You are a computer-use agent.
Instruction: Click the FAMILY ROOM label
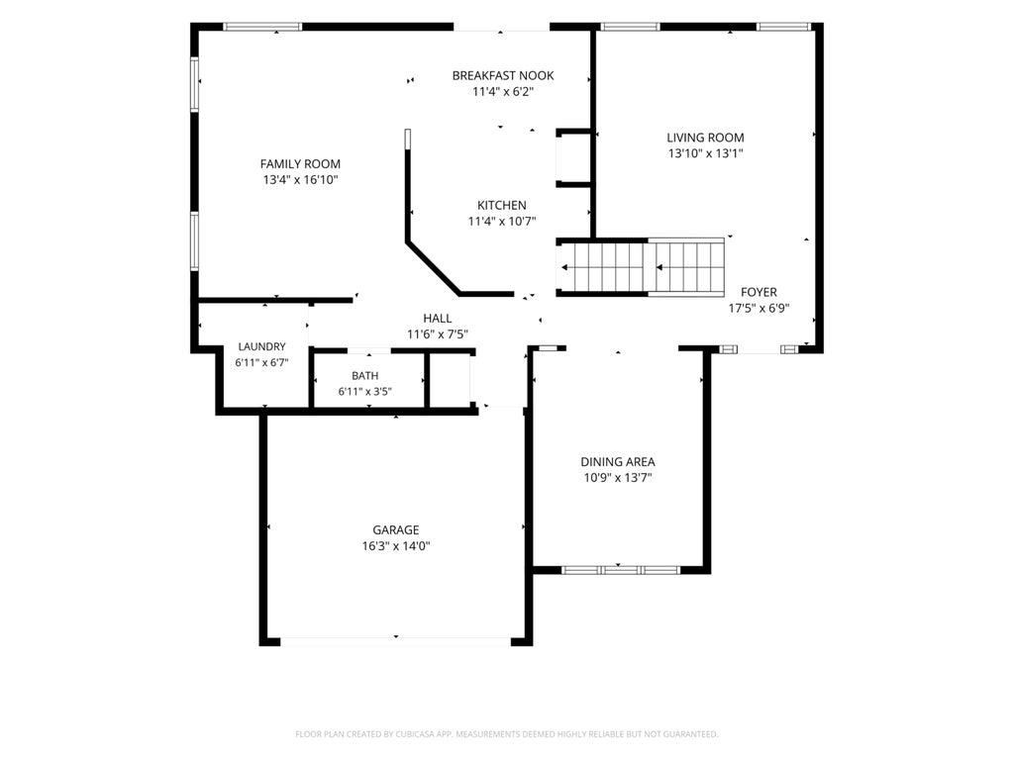pos(300,164)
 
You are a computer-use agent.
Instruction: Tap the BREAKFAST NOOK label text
pos(503,75)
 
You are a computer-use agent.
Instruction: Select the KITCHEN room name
pos(502,206)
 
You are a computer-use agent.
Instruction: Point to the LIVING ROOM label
pos(705,138)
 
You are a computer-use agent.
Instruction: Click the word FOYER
pos(760,292)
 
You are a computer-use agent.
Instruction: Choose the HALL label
pos(437,318)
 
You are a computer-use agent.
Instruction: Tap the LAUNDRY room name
pos(261,347)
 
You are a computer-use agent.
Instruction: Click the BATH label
pos(365,375)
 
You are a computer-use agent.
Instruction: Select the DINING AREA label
pos(618,462)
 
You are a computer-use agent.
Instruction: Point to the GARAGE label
pos(396,530)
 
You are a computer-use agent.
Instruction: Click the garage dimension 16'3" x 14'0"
pos(396,546)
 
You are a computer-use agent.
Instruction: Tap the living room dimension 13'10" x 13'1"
pos(705,153)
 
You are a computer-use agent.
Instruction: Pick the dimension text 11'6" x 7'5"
pos(437,334)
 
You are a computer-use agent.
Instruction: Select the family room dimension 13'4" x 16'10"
pos(300,180)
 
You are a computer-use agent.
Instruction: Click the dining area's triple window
pos(621,570)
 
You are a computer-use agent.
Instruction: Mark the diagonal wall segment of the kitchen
pos(434,268)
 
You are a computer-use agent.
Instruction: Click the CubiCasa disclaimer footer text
pos(507,734)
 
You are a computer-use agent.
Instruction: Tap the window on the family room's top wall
pos(262,27)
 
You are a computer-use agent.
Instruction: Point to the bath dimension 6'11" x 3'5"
pos(365,392)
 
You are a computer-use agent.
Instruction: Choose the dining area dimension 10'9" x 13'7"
pos(618,478)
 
